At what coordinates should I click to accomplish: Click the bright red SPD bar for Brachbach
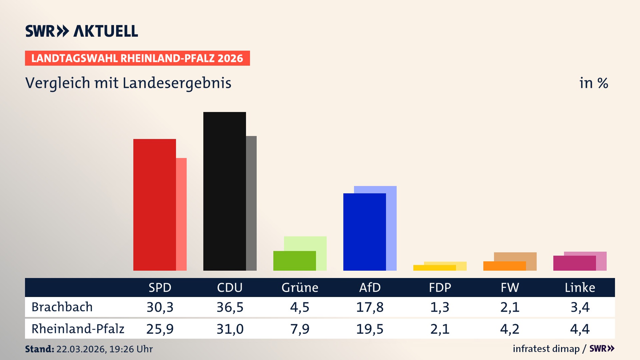pos(154,205)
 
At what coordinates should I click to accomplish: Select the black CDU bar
pos(224,191)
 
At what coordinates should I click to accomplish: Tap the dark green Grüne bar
pos(294,261)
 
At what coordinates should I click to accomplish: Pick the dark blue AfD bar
pos(364,232)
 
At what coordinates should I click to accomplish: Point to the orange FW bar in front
pos(504,266)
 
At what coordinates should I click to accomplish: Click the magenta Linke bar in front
pos(574,263)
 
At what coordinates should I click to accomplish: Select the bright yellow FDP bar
pos(434,268)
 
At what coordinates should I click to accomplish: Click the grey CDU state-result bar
pos(251,203)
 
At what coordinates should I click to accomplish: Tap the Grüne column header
pos(300,288)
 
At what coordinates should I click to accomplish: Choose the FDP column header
pos(440,288)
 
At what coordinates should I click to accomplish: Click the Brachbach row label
pos(62,307)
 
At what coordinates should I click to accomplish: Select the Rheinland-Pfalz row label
pos(78,329)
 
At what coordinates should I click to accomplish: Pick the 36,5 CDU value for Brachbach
pos(230,307)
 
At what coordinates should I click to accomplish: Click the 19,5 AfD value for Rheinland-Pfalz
pos(370,329)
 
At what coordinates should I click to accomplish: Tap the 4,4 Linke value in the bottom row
pos(580,329)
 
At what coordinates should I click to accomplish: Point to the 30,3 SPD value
pos(160,307)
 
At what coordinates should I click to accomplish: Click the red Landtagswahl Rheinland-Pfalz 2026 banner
pos(137,58)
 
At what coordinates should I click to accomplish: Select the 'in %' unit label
pos(593,83)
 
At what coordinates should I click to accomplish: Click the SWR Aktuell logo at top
pos(82,31)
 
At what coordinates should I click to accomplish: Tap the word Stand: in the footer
pos(39,349)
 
